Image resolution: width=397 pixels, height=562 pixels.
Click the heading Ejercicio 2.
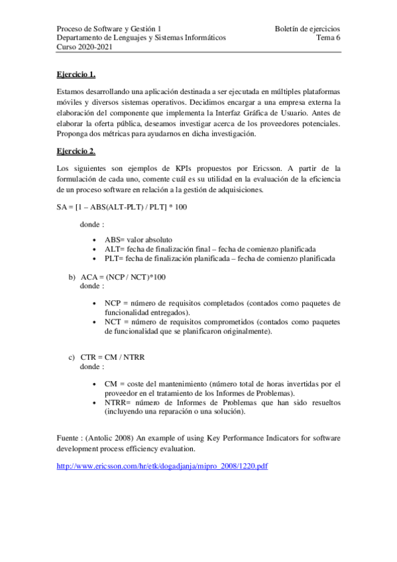tap(76, 151)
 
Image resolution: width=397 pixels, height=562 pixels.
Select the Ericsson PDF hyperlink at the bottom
tap(162, 467)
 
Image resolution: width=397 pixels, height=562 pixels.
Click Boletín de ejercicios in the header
tap(307, 28)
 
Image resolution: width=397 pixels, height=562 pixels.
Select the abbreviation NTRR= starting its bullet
tap(118, 402)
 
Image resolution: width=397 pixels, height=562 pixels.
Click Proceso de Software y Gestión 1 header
tap(109, 28)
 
